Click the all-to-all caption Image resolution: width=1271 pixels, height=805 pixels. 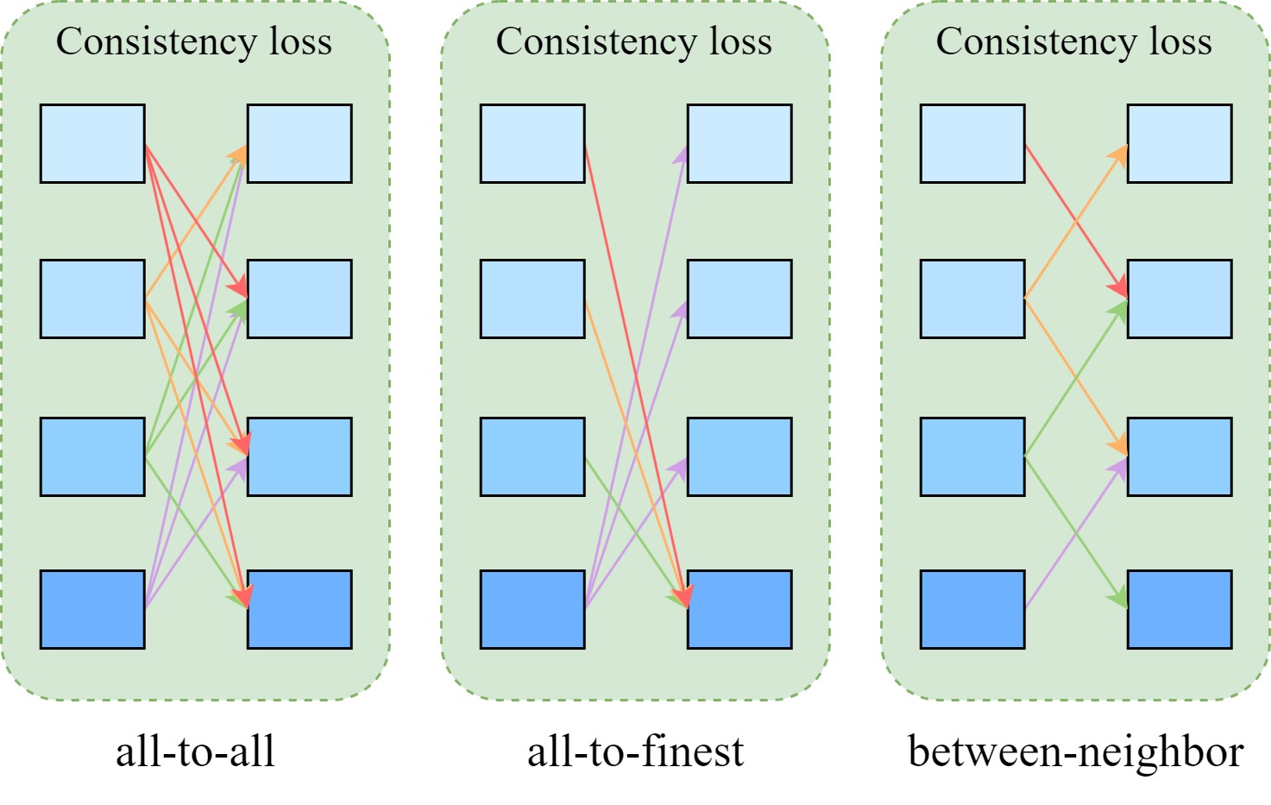[195, 752]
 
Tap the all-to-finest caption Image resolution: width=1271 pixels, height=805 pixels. [635, 752]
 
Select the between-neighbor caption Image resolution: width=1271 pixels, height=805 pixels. [1075, 752]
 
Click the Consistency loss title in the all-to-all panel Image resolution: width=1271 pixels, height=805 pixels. [194, 41]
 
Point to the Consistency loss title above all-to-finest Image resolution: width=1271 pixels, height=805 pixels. [634, 41]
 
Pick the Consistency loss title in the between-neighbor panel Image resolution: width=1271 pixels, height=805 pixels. [1074, 41]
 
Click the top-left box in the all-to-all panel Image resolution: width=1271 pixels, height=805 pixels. [92, 144]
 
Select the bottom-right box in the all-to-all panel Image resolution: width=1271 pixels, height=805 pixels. [299, 609]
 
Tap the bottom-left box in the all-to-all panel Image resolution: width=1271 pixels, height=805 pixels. [92, 609]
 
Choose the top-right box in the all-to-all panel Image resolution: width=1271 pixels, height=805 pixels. [299, 144]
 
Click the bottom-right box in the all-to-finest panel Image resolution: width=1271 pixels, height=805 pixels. [739, 609]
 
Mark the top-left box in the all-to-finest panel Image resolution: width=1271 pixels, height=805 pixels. [532, 144]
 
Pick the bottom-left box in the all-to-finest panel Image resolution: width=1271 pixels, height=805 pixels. [532, 609]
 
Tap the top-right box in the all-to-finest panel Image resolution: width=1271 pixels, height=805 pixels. [739, 144]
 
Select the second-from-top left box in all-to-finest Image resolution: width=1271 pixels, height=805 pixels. [532, 299]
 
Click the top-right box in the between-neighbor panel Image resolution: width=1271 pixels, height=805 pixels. [1180, 144]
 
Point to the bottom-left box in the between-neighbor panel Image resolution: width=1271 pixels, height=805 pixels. [972, 609]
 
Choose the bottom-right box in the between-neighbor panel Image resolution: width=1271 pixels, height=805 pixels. [1180, 609]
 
